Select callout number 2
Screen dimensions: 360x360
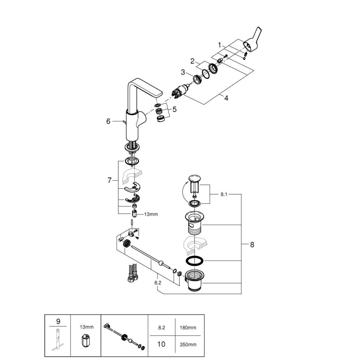tap(192, 61)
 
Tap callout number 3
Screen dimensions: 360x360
tap(183, 72)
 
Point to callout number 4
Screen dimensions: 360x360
tap(226, 98)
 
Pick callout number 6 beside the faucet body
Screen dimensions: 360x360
tap(108, 121)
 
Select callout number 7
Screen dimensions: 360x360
tap(109, 180)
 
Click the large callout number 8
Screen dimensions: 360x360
tap(252, 244)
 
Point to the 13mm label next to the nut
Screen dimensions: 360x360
tap(151, 214)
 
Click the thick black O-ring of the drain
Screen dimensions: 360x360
tap(193, 260)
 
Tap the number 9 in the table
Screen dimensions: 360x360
tap(58, 321)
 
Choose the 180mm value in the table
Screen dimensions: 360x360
tap(187, 327)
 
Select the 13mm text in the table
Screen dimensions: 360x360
tap(86, 327)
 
